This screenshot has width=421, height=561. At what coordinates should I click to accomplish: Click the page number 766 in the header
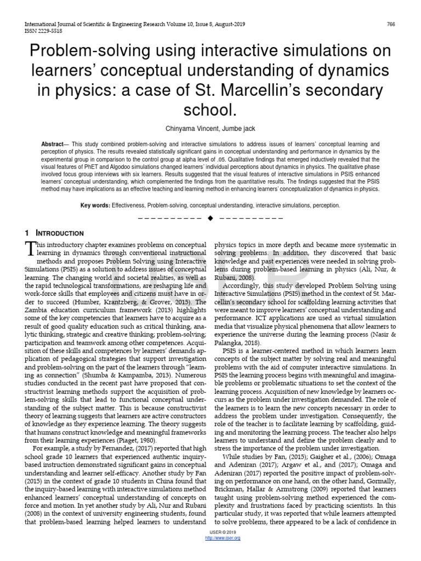[391, 24]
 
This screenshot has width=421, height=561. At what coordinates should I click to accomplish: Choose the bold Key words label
[95, 205]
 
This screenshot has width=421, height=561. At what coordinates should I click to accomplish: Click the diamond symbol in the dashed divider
[210, 219]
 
